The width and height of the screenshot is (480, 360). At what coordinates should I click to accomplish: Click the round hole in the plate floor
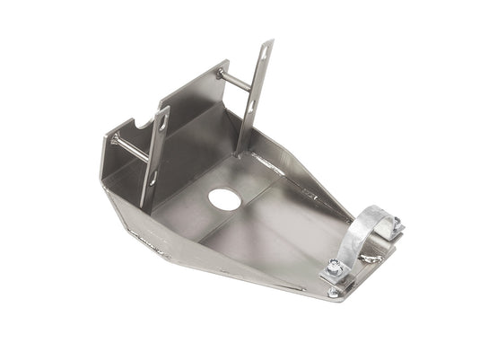click(224, 199)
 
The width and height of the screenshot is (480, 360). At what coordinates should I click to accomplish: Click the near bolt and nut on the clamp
click(336, 269)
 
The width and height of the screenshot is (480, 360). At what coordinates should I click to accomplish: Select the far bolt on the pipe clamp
click(396, 225)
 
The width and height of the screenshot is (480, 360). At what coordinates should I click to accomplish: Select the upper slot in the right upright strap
click(265, 54)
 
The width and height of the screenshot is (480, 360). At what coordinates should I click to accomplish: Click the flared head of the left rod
click(115, 137)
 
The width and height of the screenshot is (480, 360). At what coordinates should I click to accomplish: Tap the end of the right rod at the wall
click(218, 72)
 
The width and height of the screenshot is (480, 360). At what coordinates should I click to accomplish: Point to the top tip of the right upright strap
click(269, 41)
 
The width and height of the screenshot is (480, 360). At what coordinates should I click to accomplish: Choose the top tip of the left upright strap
click(166, 109)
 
